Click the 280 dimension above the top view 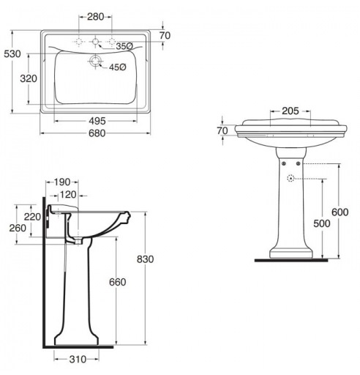pyautogui.click(x=96, y=17)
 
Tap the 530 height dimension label pyautogui.click(x=12, y=53)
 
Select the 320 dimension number pyautogui.click(x=29, y=78)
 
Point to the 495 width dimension pyautogui.click(x=97, y=121)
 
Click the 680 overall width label pyautogui.click(x=97, y=133)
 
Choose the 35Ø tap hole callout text pyautogui.click(x=124, y=46)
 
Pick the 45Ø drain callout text pyautogui.click(x=118, y=67)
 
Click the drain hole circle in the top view pyautogui.click(x=95, y=61)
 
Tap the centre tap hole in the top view pyautogui.click(x=95, y=42)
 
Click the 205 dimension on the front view pyautogui.click(x=290, y=111)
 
